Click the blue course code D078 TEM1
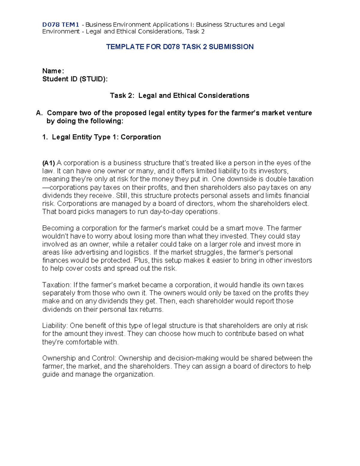(x=61, y=25)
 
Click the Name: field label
(x=53, y=71)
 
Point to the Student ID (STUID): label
(x=75, y=79)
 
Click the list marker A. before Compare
(x=39, y=113)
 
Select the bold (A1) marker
(x=49, y=163)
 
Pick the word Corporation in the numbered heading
(x=141, y=137)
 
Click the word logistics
(x=137, y=253)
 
